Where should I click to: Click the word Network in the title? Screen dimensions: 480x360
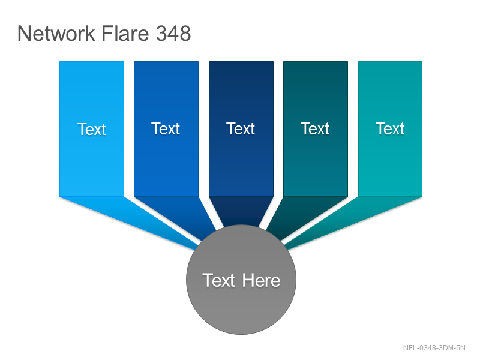tap(56, 33)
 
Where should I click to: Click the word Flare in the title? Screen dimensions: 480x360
tap(125, 33)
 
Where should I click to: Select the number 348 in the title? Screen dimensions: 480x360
tap(173, 33)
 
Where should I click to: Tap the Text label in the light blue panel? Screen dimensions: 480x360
tap(92, 129)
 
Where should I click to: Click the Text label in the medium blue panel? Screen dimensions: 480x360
tap(166, 128)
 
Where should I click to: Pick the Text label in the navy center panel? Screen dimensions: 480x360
tap(241, 128)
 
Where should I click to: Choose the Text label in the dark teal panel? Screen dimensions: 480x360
tap(315, 128)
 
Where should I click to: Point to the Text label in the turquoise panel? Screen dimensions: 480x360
tap(390, 128)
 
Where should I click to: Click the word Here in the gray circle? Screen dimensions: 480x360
tap(262, 280)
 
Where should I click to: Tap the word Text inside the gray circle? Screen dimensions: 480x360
tap(218, 280)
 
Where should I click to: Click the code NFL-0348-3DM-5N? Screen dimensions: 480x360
tap(434, 348)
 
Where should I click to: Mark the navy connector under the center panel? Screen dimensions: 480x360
tap(241, 211)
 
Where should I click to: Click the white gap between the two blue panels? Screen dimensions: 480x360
tap(129, 128)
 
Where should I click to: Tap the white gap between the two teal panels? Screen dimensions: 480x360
tap(353, 128)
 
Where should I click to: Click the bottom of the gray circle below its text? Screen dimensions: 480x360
tap(241, 316)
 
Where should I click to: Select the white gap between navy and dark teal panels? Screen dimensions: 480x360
tap(278, 128)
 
